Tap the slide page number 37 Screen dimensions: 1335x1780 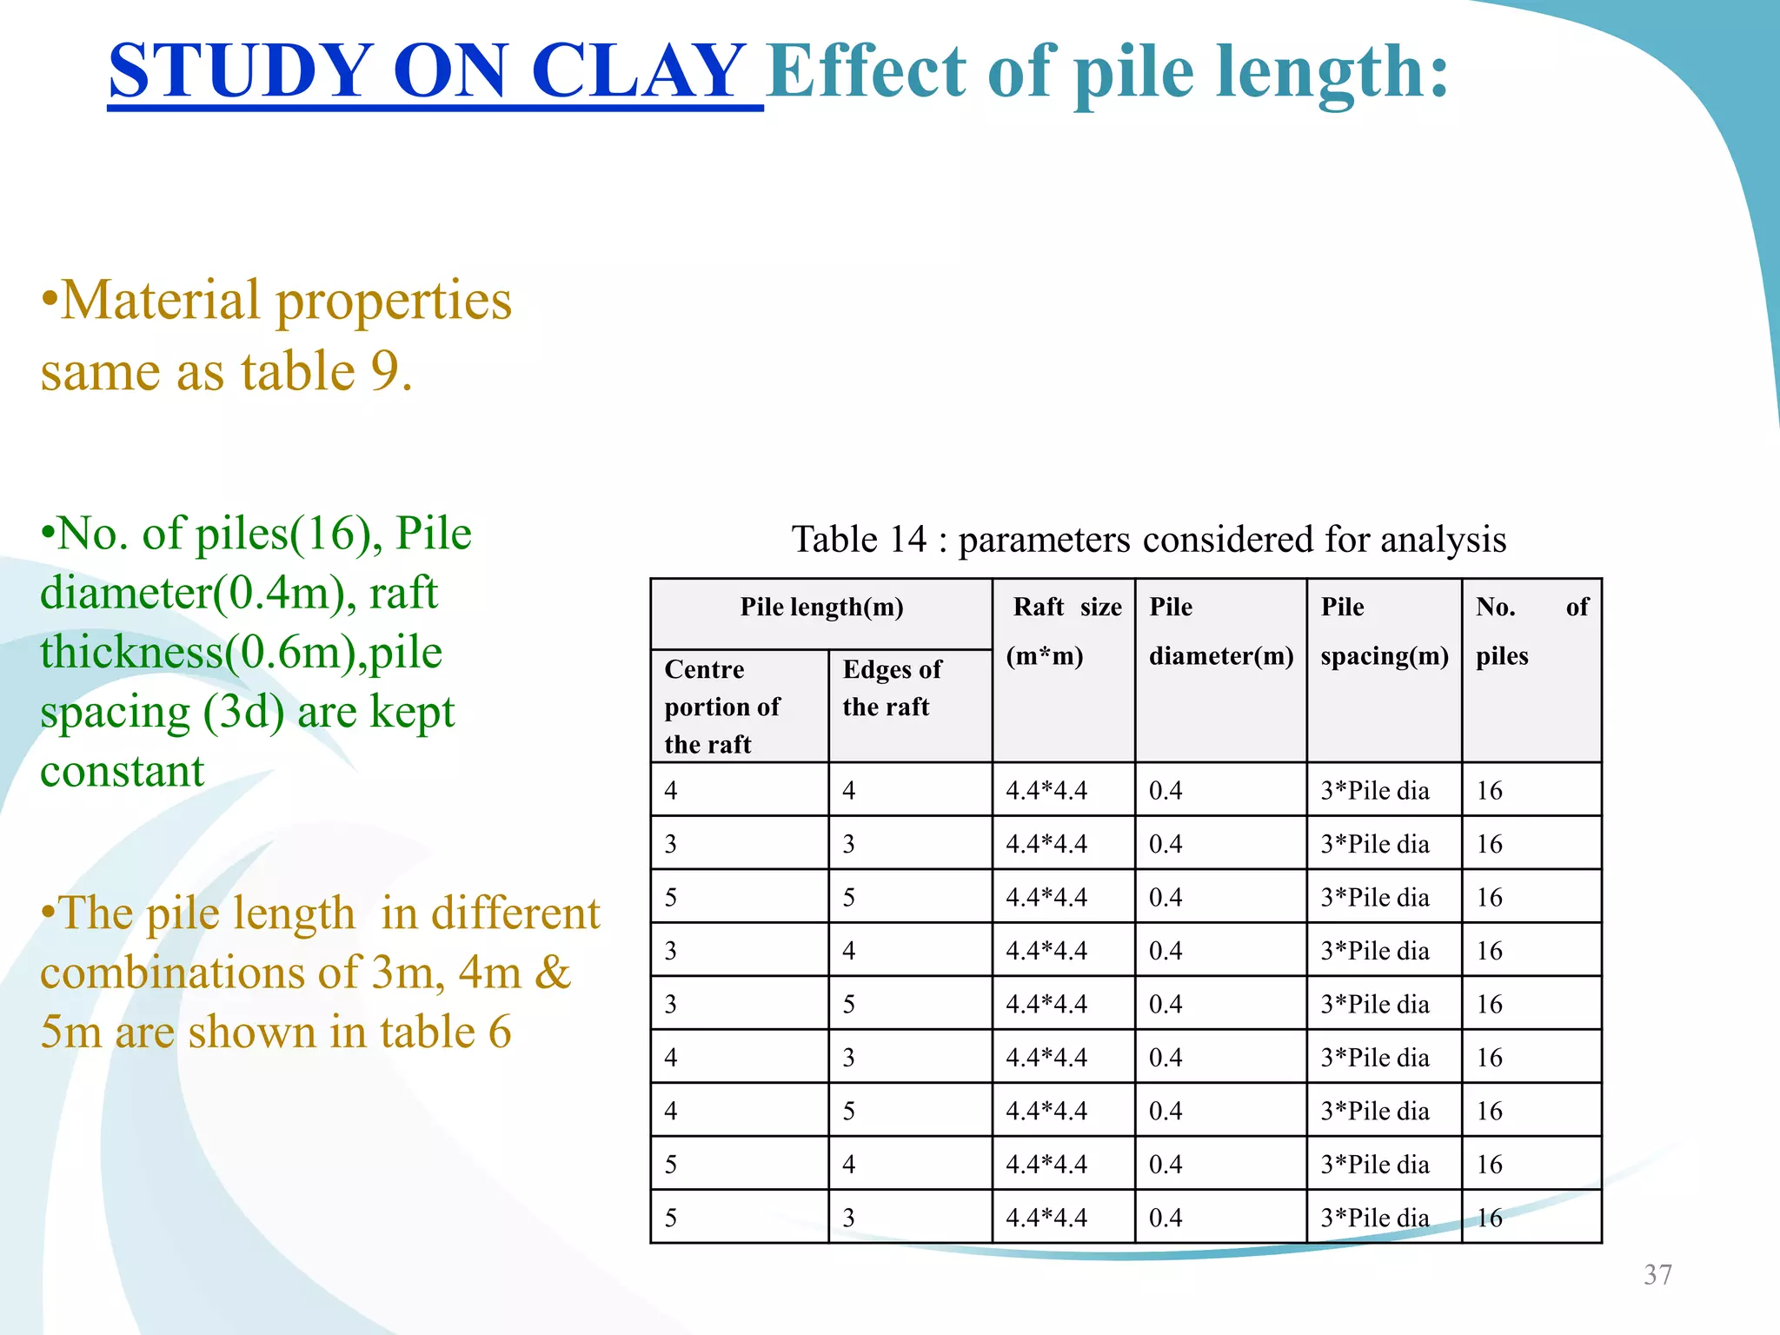[x=1657, y=1275]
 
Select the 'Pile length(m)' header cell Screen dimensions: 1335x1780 [x=821, y=608]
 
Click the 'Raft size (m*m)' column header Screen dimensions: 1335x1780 [x=1063, y=631]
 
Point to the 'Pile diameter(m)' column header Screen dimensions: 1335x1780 [x=1220, y=631]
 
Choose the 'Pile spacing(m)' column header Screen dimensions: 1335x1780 [x=1384, y=631]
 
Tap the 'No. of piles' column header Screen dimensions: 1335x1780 [x=1531, y=631]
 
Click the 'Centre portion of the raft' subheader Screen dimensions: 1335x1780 [x=721, y=707]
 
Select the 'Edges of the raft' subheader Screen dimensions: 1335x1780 [x=892, y=688]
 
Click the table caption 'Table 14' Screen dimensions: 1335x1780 [x=859, y=540]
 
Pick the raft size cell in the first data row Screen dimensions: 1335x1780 [x=1046, y=791]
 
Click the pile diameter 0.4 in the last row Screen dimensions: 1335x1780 [x=1166, y=1218]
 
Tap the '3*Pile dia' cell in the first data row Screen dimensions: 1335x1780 [x=1374, y=791]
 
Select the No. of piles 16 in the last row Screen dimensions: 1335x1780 [x=1489, y=1218]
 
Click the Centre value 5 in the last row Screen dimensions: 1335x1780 [x=671, y=1218]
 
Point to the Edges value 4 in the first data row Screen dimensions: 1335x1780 [x=849, y=791]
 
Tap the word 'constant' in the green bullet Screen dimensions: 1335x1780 [x=123, y=772]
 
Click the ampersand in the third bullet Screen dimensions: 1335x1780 [x=553, y=973]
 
